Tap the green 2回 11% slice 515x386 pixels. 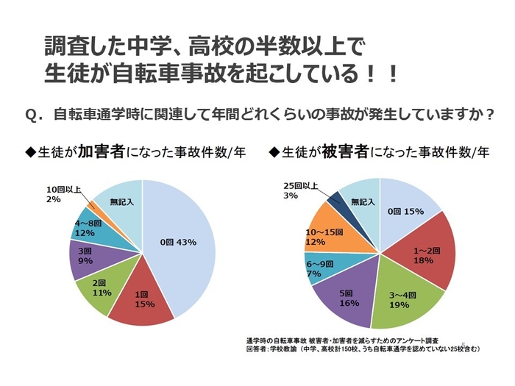pyautogui.click(x=102, y=287)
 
